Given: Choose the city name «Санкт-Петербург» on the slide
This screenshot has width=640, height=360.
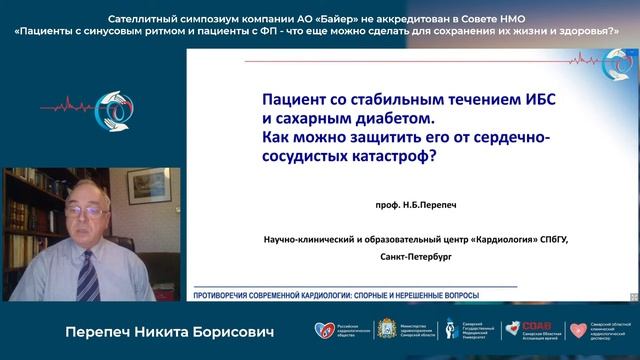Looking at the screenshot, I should [x=416, y=257].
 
